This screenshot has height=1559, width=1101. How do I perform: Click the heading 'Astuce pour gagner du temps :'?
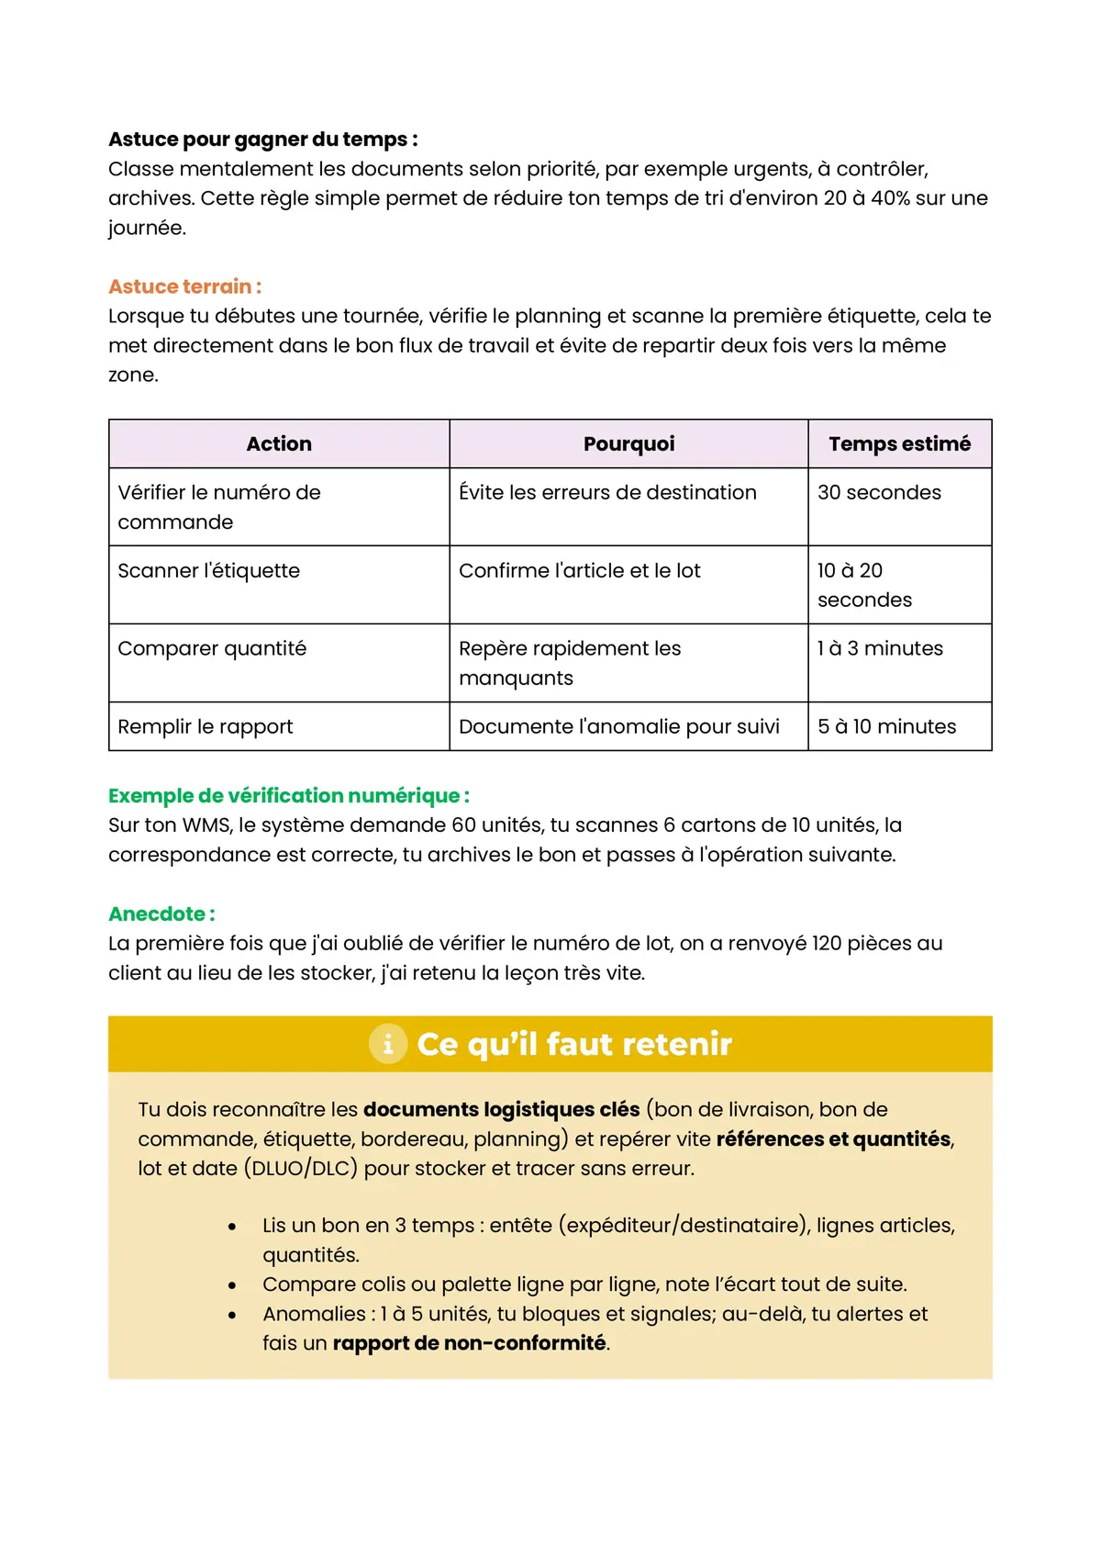tap(262, 140)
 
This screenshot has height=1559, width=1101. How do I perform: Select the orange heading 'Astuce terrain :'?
tap(184, 286)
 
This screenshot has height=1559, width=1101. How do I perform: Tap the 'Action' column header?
tap(279, 444)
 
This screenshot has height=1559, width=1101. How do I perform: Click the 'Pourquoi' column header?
tap(628, 444)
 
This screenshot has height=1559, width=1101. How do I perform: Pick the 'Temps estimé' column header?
tap(899, 444)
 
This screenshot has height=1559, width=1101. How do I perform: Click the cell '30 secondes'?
tap(879, 493)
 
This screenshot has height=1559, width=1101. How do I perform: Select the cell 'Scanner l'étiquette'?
tap(209, 571)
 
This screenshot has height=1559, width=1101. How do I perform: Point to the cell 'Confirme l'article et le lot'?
tap(579, 571)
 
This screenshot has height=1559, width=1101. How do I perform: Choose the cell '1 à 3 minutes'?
tap(880, 649)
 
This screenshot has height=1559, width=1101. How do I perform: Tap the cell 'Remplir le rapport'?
tap(206, 727)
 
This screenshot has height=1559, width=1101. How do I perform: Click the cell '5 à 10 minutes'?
tap(886, 727)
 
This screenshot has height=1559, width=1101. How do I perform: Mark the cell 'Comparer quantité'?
tap(212, 649)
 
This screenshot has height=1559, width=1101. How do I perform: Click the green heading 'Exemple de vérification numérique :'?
tap(288, 796)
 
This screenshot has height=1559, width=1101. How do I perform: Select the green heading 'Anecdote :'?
tap(161, 914)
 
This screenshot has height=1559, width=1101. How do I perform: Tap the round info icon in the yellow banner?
tap(388, 1044)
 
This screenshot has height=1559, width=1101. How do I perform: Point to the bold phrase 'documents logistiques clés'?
tap(501, 1109)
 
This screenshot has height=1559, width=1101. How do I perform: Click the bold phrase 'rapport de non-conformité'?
tap(469, 1343)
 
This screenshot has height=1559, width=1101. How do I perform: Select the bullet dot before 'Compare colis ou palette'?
tap(232, 1285)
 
